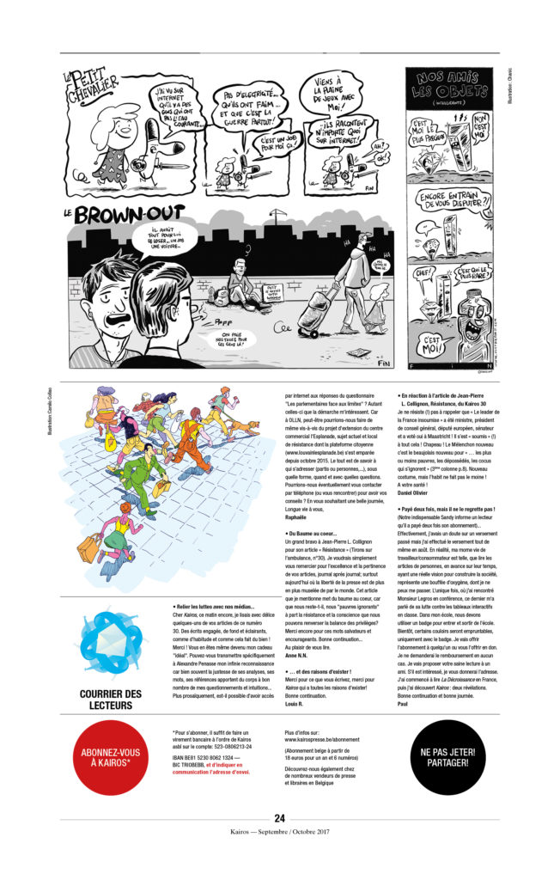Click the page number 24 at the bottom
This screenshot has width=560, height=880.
tap(279, 818)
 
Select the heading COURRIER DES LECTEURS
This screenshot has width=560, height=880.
tap(111, 699)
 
